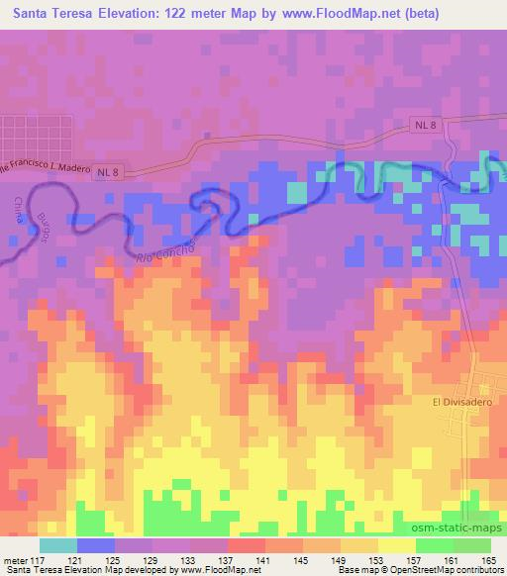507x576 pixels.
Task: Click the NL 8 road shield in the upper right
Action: tap(423, 125)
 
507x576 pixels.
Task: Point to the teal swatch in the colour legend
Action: tap(57, 545)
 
